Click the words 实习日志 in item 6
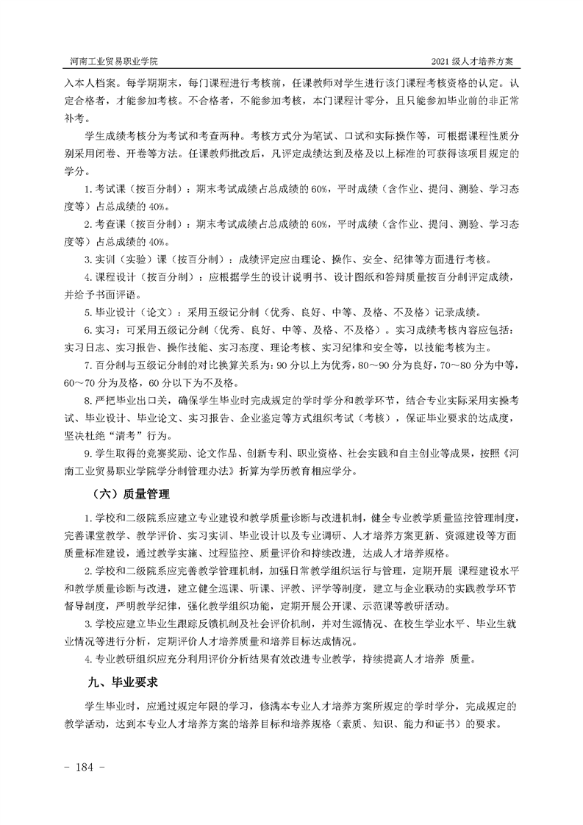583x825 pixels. click(x=83, y=347)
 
